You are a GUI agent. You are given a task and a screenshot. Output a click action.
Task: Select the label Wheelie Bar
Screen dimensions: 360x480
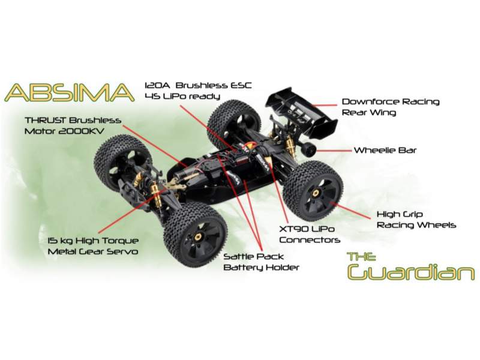coord(393,150)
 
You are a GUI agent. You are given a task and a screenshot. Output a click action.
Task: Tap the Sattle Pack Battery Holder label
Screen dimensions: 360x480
coord(261,262)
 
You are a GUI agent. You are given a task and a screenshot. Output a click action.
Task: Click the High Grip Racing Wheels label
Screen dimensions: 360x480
coord(415,219)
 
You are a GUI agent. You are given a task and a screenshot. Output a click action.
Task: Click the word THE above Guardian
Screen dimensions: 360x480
coord(362,256)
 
